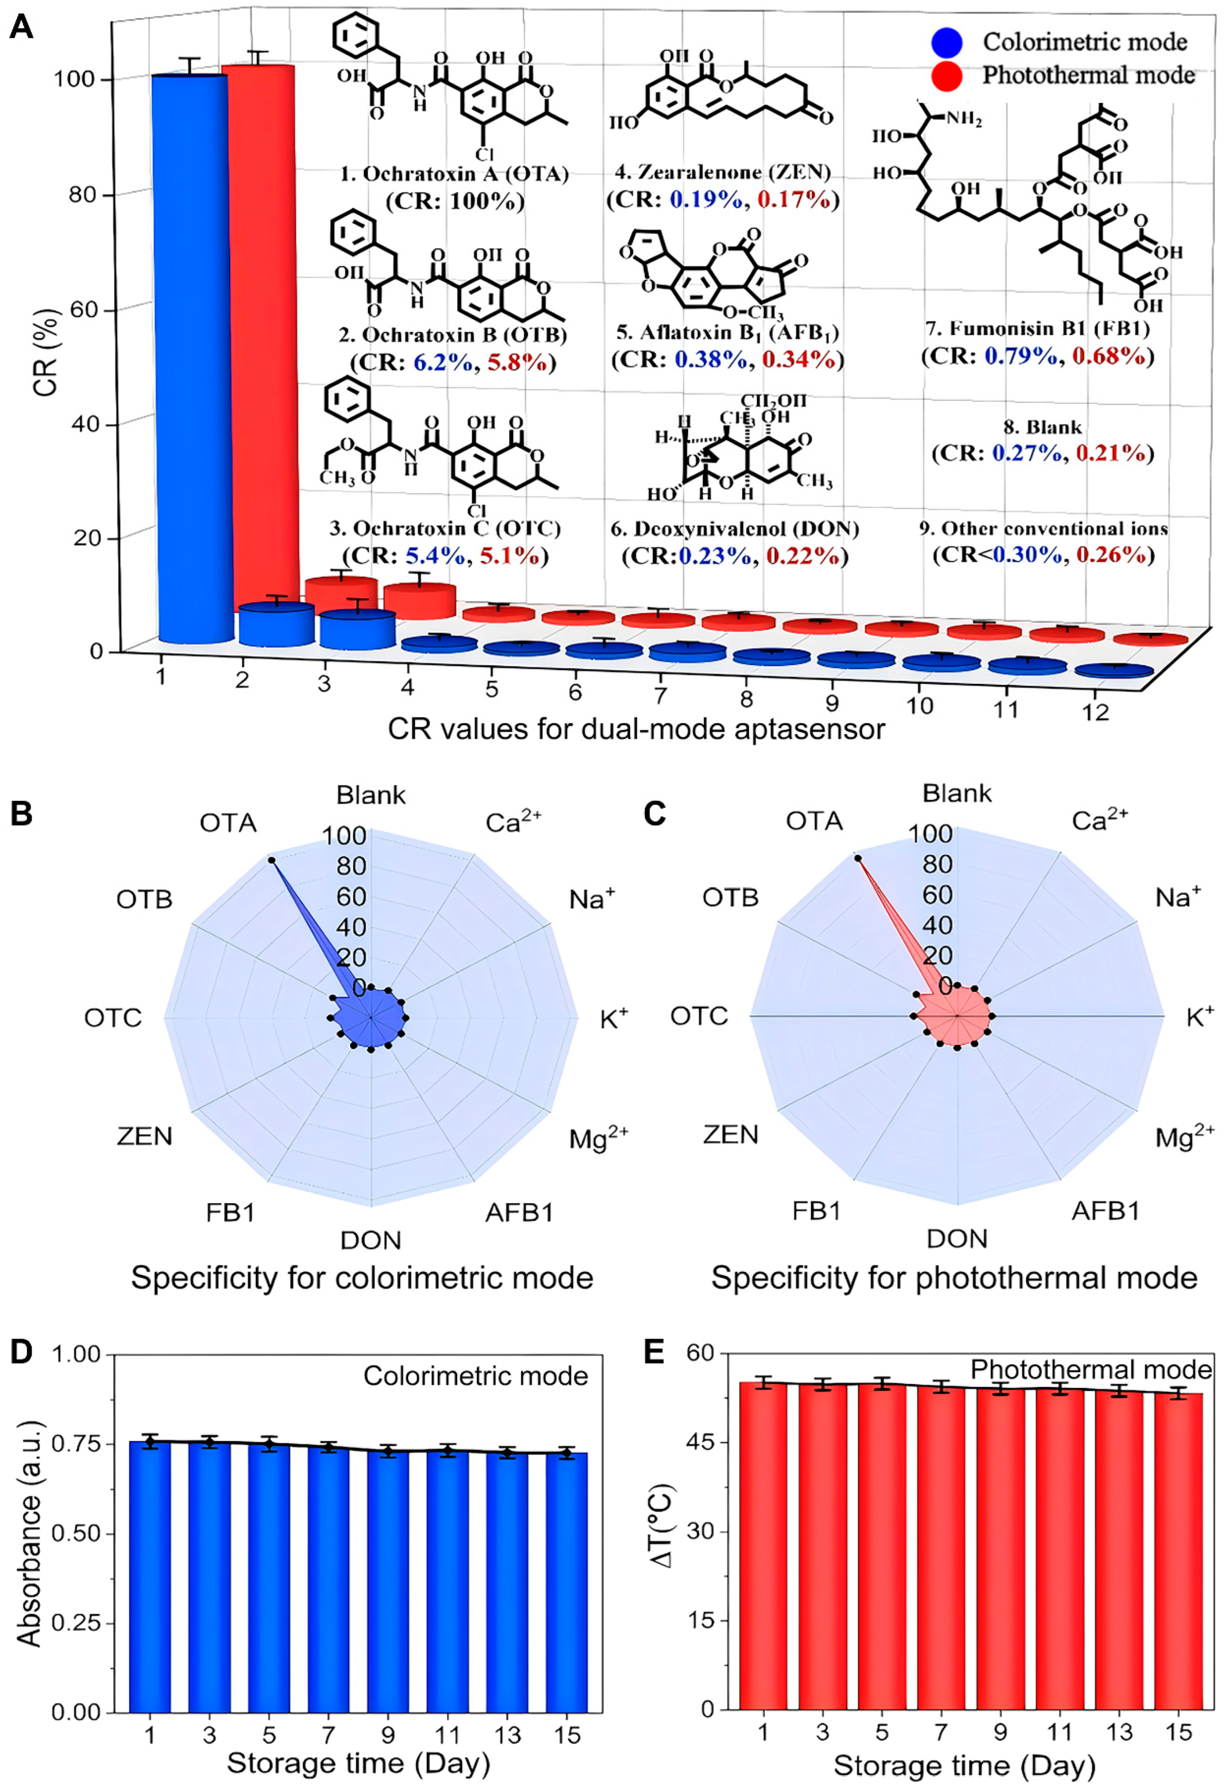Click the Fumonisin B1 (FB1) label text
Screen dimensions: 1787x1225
pos(1037,329)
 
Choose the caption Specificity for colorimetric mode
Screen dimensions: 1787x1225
pos(362,1278)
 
